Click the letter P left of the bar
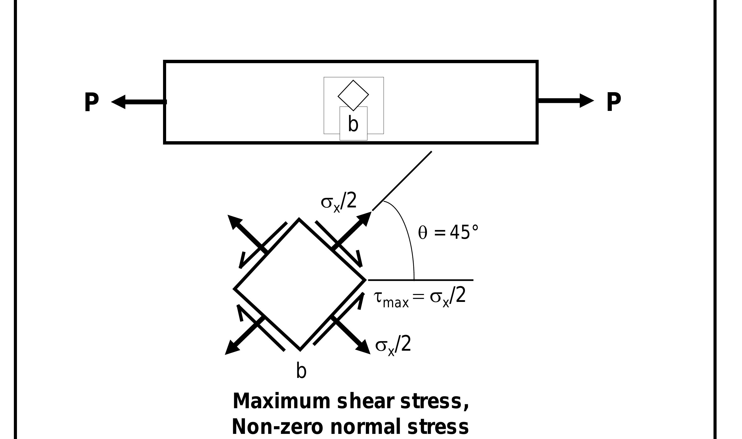click(x=91, y=102)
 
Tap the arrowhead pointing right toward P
click(x=586, y=101)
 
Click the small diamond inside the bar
click(x=353, y=95)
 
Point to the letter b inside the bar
click(x=353, y=124)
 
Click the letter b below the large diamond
click(x=301, y=371)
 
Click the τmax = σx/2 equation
click(x=420, y=297)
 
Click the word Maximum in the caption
click(x=281, y=402)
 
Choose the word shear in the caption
click(x=365, y=402)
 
